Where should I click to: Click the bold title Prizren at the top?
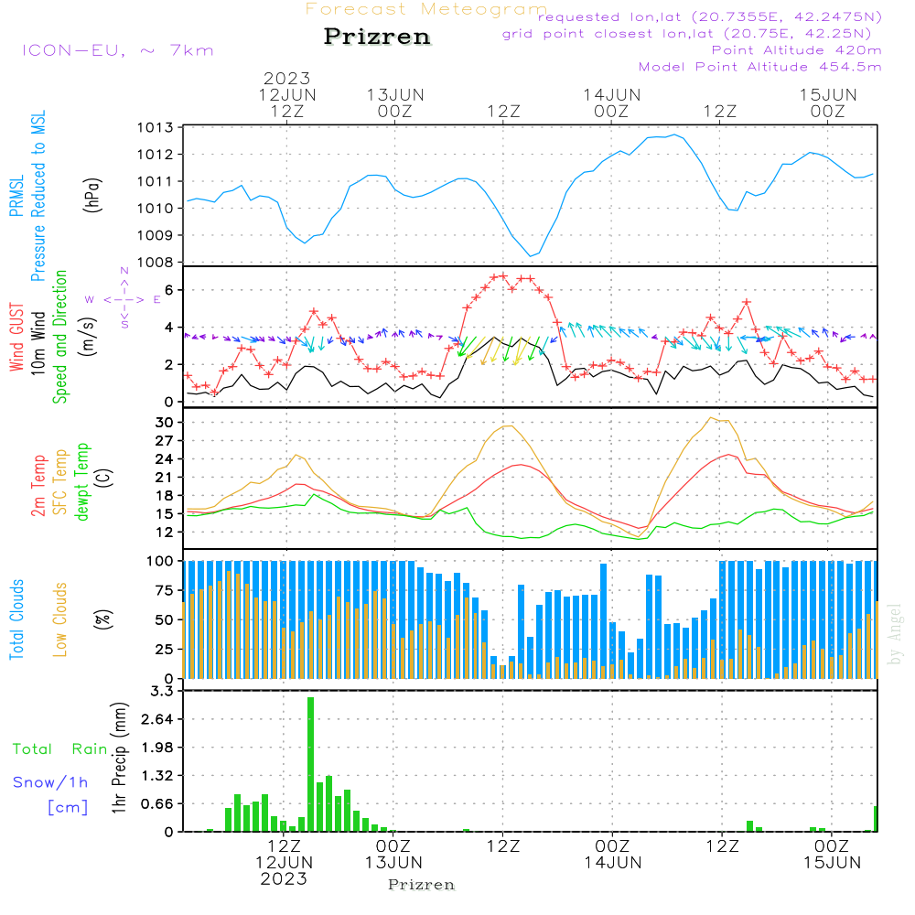pos(377,38)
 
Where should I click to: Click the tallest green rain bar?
pos(310,764)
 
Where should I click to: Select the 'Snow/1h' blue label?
pos(50,782)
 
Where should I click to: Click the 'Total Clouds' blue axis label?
pos(16,619)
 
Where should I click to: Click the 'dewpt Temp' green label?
pos(81,483)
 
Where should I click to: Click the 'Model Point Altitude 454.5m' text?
pos(759,67)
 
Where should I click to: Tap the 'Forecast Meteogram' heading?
pos(426,9)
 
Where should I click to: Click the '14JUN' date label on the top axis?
pos(611,94)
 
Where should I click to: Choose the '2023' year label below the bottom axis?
pos(284,878)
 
